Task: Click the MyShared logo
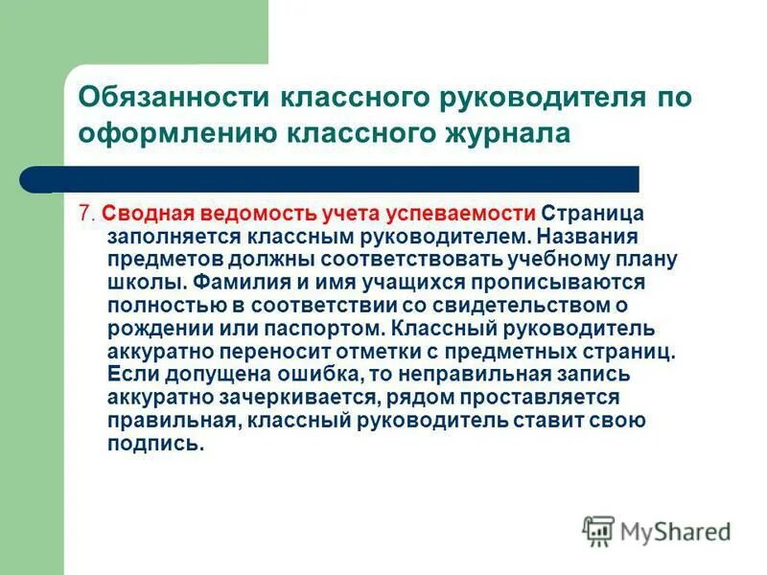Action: pyautogui.click(x=657, y=529)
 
